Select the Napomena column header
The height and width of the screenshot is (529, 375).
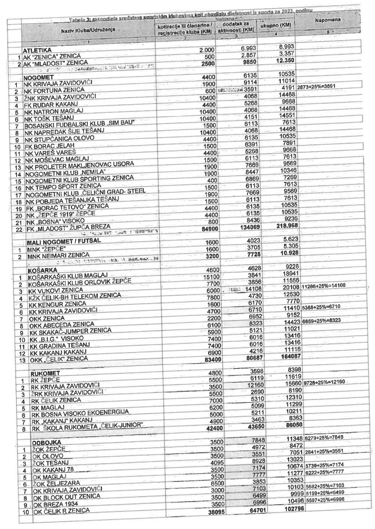(x=328, y=20)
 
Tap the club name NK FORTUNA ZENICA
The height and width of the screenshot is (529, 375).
(x=54, y=90)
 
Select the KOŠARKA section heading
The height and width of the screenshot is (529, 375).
(x=42, y=270)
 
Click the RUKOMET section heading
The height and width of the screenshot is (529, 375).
(x=45, y=373)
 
